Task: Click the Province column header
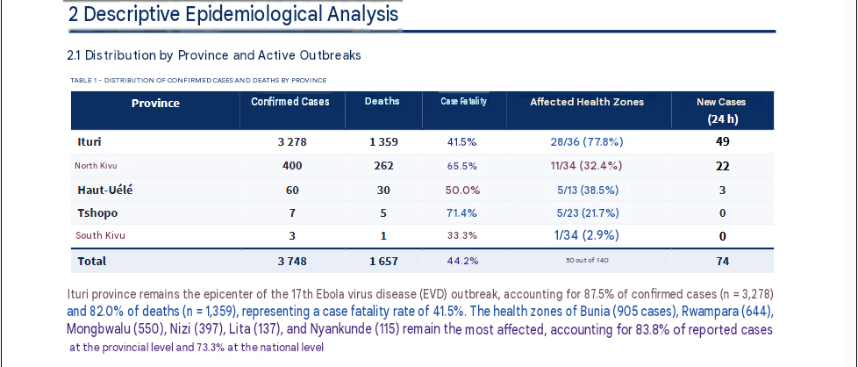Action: (x=155, y=104)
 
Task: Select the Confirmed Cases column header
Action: (x=290, y=101)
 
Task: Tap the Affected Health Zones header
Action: (x=587, y=102)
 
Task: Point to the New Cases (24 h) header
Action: (x=722, y=111)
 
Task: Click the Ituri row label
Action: (x=89, y=142)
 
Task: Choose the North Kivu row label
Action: (x=96, y=166)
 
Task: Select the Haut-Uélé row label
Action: (x=105, y=190)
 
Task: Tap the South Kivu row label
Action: (x=100, y=235)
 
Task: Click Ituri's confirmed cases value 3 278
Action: (x=292, y=142)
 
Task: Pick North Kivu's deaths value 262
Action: (x=383, y=166)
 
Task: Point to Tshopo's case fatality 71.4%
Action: (x=461, y=213)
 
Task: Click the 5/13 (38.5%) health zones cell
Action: (x=588, y=190)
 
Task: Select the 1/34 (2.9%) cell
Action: (x=587, y=235)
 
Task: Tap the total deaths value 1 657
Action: (x=383, y=262)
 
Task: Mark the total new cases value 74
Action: (x=722, y=262)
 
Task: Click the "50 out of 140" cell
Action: (x=587, y=260)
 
